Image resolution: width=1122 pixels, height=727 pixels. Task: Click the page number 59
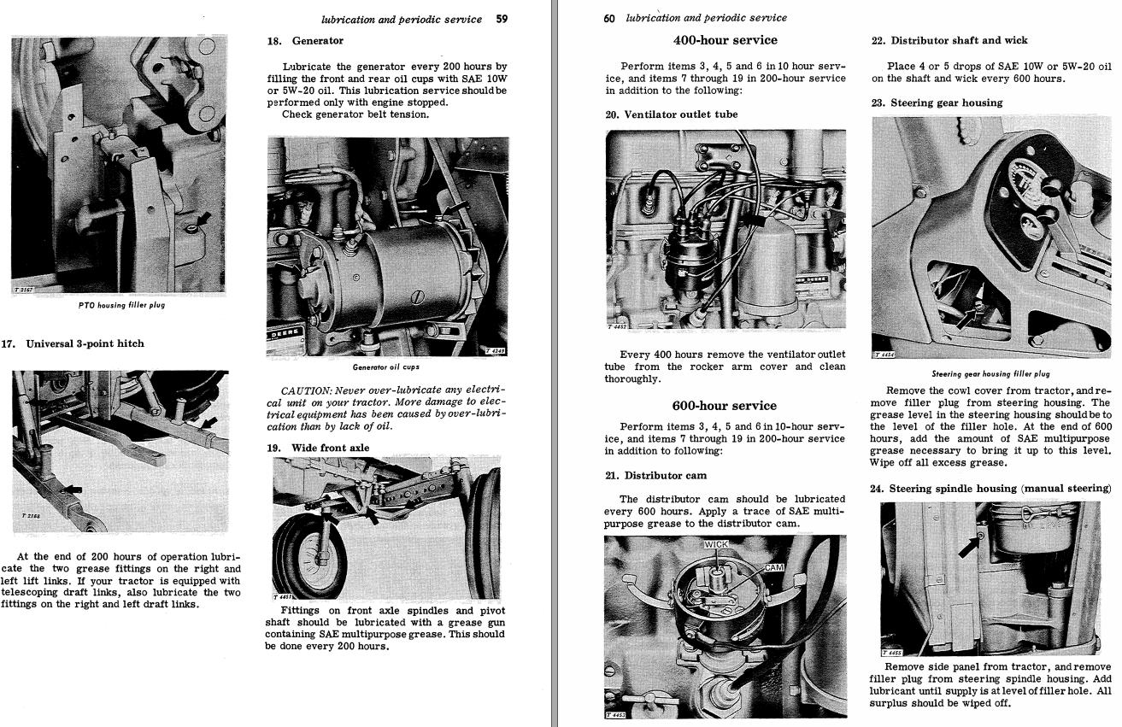click(x=502, y=19)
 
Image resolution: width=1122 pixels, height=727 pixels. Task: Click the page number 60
click(x=608, y=18)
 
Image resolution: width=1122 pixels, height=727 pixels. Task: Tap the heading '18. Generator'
click(x=305, y=40)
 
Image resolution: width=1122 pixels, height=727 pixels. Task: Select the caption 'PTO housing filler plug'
click(x=121, y=305)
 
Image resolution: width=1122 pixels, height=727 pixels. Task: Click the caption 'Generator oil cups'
click(x=386, y=367)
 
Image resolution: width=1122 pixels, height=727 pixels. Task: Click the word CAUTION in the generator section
click(x=304, y=390)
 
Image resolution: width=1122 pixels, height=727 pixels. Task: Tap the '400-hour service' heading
click(x=725, y=40)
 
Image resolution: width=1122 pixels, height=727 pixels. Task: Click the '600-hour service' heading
click(x=725, y=406)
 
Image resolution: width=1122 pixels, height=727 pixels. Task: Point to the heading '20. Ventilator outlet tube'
click(x=671, y=114)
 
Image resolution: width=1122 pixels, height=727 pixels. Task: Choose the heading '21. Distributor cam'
click(x=655, y=475)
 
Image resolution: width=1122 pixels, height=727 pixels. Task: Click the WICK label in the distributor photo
click(x=716, y=544)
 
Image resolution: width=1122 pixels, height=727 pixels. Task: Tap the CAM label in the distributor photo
click(x=773, y=567)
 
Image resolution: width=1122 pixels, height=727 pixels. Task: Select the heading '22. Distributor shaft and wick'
click(x=949, y=40)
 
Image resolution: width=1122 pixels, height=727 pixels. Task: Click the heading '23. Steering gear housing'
click(x=937, y=103)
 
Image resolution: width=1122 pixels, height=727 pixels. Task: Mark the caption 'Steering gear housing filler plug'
click(x=990, y=373)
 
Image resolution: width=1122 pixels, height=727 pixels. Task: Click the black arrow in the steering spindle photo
click(x=969, y=545)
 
